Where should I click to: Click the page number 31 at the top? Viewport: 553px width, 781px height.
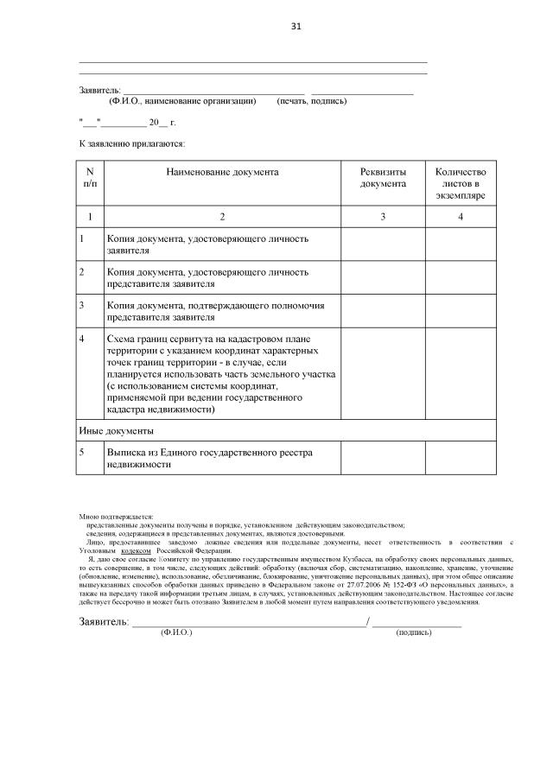click(296, 26)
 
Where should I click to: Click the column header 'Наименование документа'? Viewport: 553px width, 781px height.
click(222, 172)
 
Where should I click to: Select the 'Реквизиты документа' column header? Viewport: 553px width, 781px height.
click(383, 177)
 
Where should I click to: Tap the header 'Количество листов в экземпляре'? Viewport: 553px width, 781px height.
click(461, 183)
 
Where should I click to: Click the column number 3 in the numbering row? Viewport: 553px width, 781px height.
click(383, 216)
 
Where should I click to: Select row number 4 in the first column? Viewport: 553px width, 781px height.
click(82, 340)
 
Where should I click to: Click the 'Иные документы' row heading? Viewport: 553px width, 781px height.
click(117, 429)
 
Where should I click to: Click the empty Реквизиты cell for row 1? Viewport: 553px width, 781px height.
click(383, 244)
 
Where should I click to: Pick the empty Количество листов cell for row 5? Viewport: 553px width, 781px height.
click(461, 458)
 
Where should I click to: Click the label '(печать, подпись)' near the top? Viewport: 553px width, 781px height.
click(311, 101)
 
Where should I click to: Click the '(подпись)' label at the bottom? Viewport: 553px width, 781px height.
click(414, 633)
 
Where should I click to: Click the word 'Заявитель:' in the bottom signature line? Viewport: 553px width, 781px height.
click(103, 621)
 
